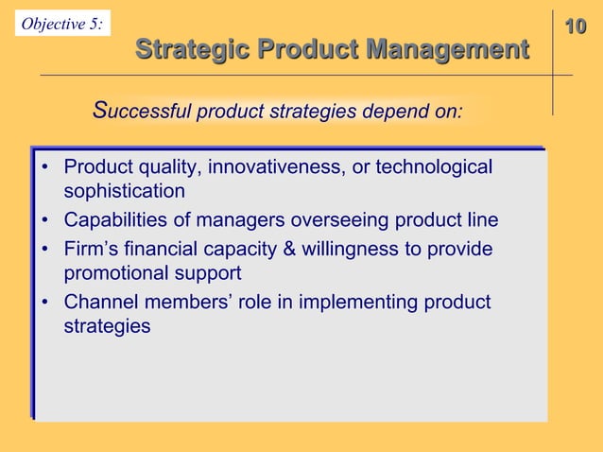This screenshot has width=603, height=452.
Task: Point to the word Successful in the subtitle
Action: [x=141, y=113]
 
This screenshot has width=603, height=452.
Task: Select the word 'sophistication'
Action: [x=124, y=192]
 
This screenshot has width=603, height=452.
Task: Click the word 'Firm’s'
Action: [x=94, y=251]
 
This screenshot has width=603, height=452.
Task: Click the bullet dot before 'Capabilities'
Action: [x=44, y=222]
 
